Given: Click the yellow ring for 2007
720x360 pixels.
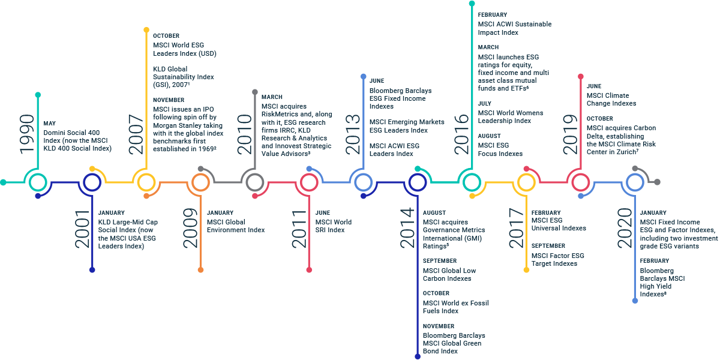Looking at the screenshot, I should click(x=146, y=182).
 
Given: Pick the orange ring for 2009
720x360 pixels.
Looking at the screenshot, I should click(x=200, y=182).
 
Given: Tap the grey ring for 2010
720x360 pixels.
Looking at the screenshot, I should click(x=255, y=182).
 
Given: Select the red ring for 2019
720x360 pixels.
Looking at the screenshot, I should click(x=580, y=182).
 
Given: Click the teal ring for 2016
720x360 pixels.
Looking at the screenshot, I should click(x=472, y=182).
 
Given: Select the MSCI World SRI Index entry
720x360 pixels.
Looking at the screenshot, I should click(x=334, y=226).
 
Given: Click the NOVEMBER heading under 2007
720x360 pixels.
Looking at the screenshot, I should click(x=169, y=100).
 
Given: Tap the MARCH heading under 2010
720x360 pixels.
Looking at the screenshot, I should click(x=272, y=97).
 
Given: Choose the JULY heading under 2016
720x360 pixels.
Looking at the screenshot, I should click(x=485, y=104).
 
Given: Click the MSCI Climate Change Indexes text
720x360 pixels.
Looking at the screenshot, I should click(x=611, y=100).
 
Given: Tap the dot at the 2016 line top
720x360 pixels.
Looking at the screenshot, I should click(x=472, y=4).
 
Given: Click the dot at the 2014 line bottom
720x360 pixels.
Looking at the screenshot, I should click(x=418, y=356).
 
